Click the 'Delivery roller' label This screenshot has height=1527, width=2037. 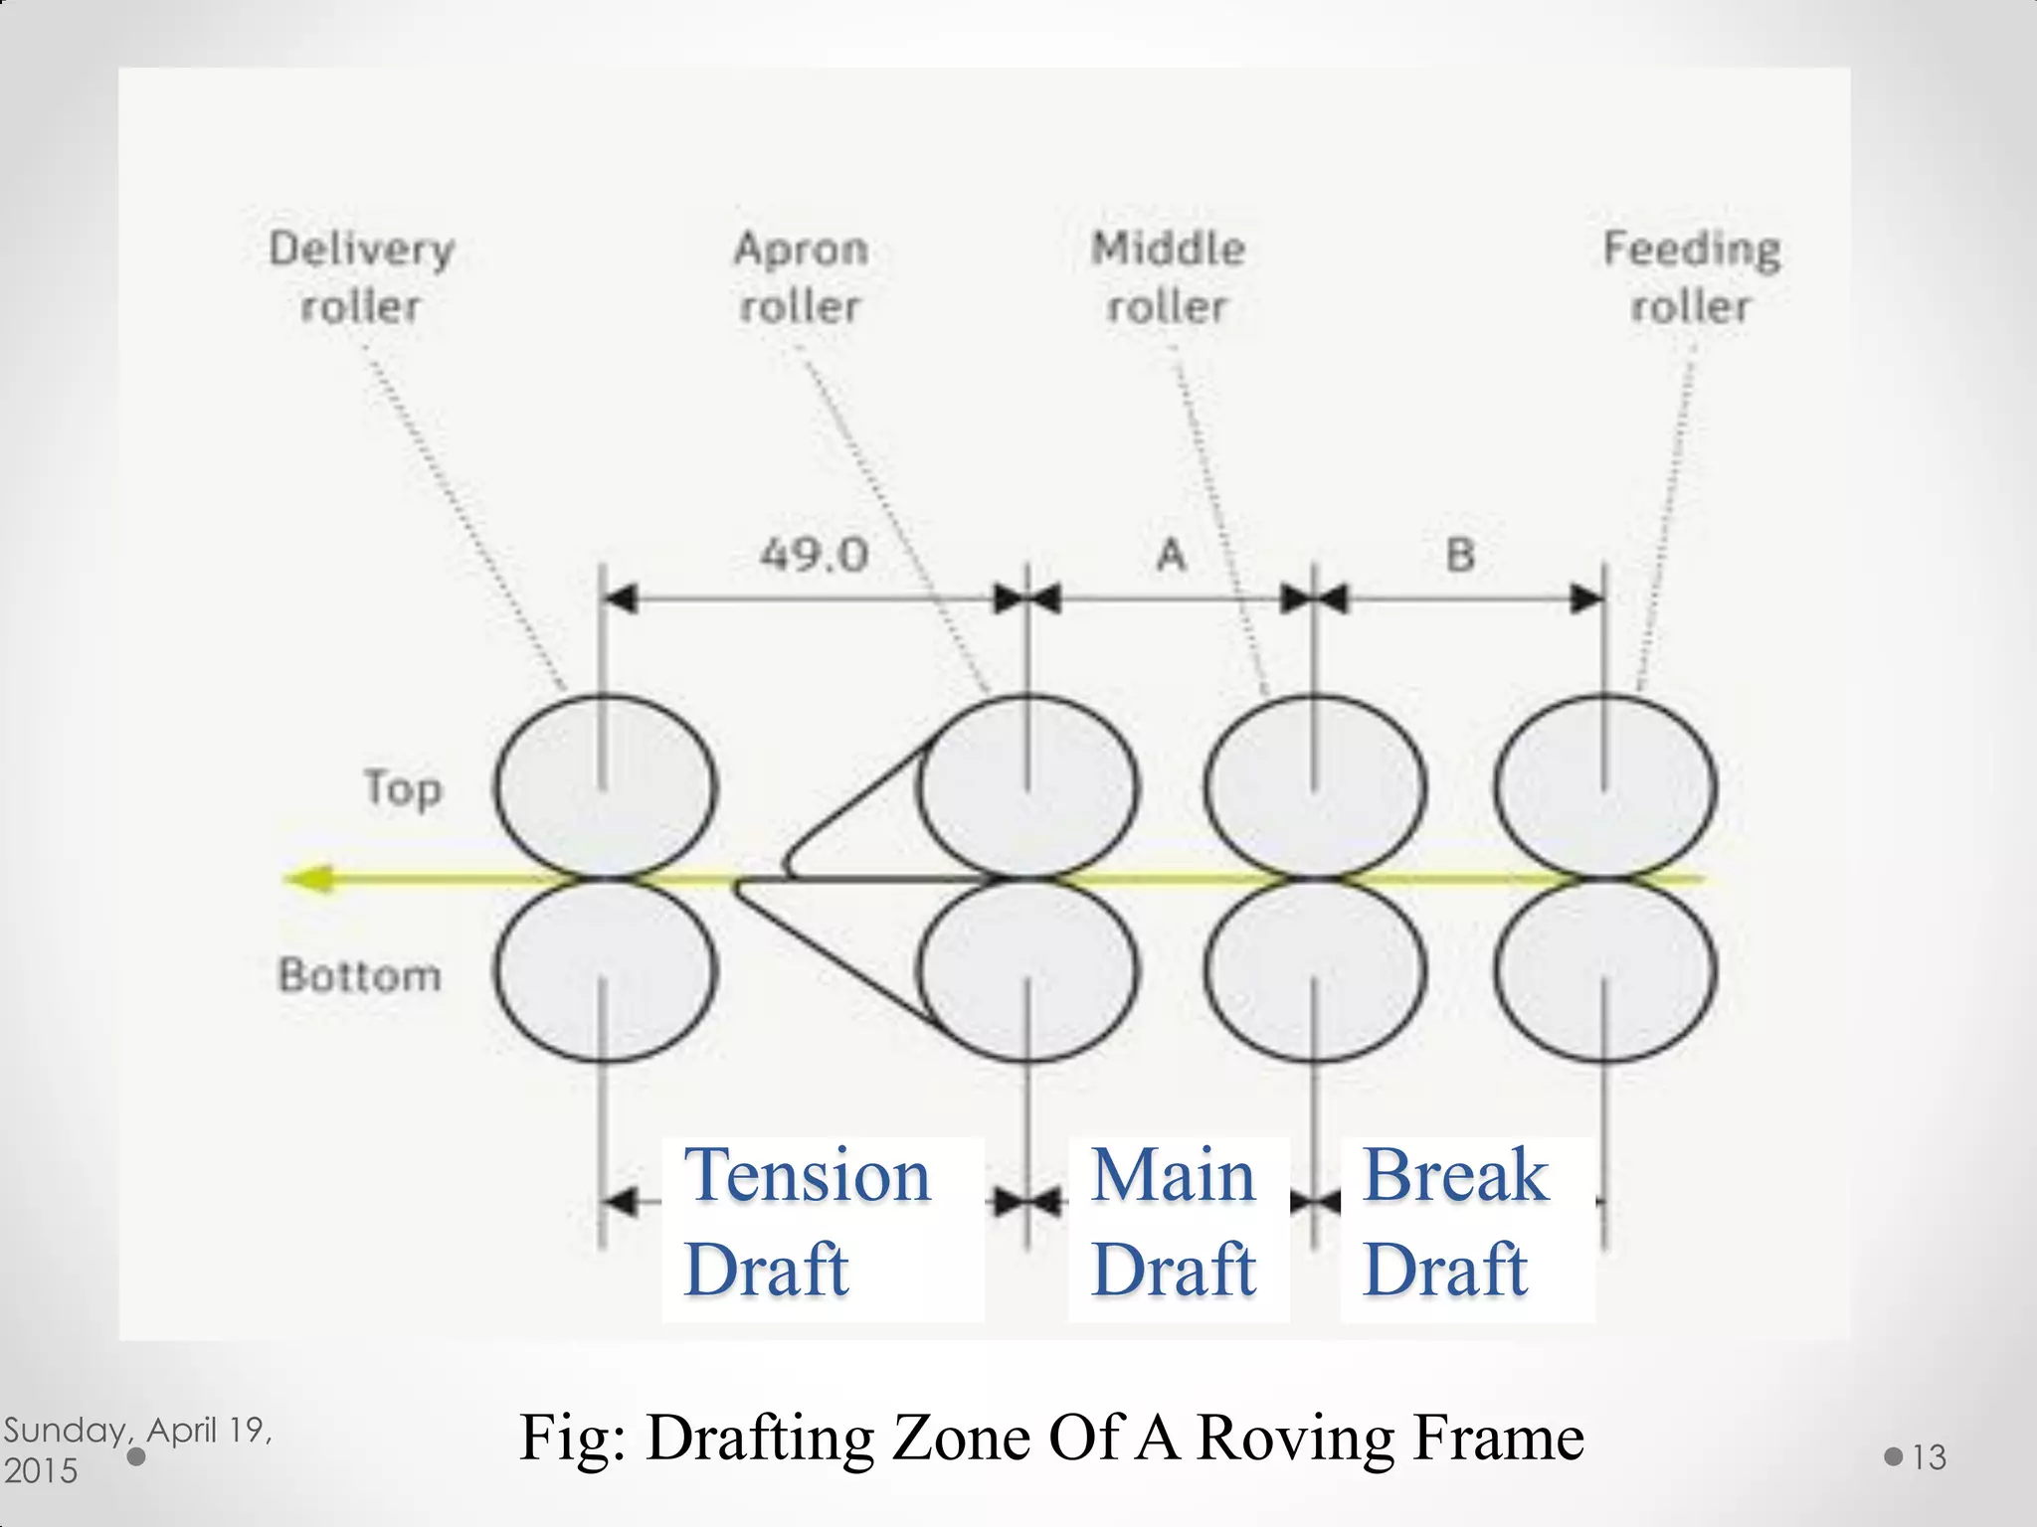[x=361, y=276]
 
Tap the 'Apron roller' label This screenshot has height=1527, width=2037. [x=801, y=276]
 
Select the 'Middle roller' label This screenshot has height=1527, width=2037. [x=1168, y=276]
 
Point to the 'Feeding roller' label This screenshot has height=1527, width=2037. [x=1691, y=276]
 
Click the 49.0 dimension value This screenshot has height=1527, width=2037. [x=814, y=555]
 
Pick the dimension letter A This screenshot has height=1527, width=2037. [x=1172, y=555]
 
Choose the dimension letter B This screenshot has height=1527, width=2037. [x=1459, y=555]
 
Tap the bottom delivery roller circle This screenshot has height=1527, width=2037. [x=604, y=970]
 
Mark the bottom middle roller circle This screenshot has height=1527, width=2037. [x=1315, y=970]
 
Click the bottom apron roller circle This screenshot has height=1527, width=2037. [x=1027, y=970]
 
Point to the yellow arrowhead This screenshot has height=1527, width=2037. [x=310, y=879]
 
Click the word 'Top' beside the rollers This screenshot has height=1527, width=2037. [x=403, y=789]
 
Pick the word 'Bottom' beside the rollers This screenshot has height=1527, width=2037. [x=360, y=975]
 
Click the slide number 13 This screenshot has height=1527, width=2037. [x=1929, y=1457]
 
